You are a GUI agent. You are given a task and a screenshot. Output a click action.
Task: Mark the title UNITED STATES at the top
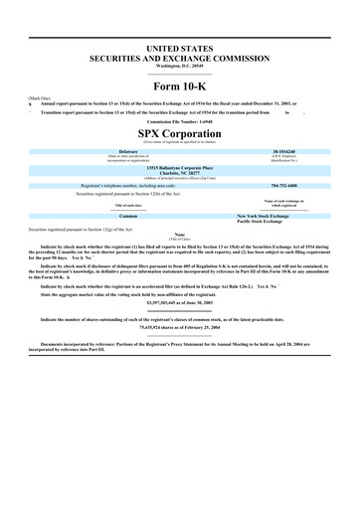coord(179,48)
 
